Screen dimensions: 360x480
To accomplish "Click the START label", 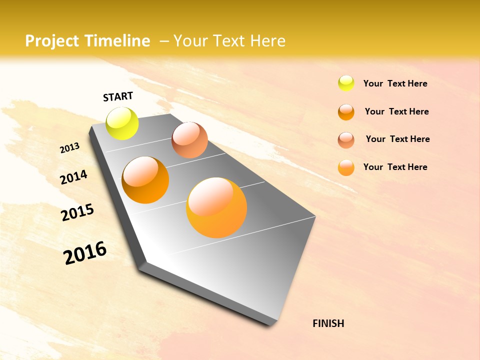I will tap(118, 96).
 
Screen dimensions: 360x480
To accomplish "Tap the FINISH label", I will tap(328, 323).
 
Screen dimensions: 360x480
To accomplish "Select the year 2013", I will tap(69, 148).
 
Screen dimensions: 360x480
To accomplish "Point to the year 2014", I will tap(73, 177).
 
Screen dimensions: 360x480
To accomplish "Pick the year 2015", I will tap(77, 212).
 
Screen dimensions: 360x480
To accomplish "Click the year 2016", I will tap(85, 253).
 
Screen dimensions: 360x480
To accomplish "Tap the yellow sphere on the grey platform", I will tap(122, 123).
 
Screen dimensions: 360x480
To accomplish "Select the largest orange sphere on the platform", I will tap(216, 207).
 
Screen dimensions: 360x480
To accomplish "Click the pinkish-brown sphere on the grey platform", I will tap(189, 140).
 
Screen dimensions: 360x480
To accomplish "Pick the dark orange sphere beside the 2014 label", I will tap(145, 180).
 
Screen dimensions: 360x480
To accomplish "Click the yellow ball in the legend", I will tap(346, 83).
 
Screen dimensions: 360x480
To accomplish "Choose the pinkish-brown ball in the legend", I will tap(346, 140).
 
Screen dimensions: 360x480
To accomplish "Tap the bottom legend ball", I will tap(346, 167).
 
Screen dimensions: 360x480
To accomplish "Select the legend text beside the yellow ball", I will tap(395, 83).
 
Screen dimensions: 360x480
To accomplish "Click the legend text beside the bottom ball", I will tap(395, 167).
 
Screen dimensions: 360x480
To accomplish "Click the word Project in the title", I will tap(52, 41).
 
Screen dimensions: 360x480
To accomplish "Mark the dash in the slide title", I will tap(164, 41).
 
